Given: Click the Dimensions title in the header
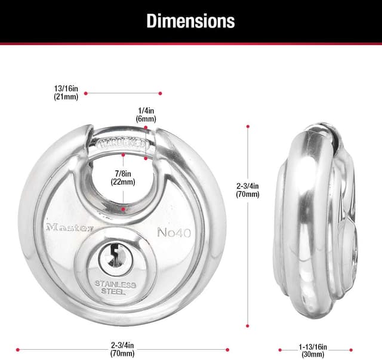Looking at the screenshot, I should click(x=190, y=21).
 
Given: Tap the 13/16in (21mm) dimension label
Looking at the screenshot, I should click(x=66, y=93).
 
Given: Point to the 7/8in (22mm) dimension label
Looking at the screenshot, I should click(x=124, y=177).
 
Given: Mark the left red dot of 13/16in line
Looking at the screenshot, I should click(x=86, y=93).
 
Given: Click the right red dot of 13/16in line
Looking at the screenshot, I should click(x=160, y=93).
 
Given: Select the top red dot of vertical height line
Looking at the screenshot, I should click(x=247, y=126).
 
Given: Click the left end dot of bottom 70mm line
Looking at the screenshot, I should click(x=19, y=349).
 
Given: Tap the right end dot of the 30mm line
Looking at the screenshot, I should click(x=351, y=350).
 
